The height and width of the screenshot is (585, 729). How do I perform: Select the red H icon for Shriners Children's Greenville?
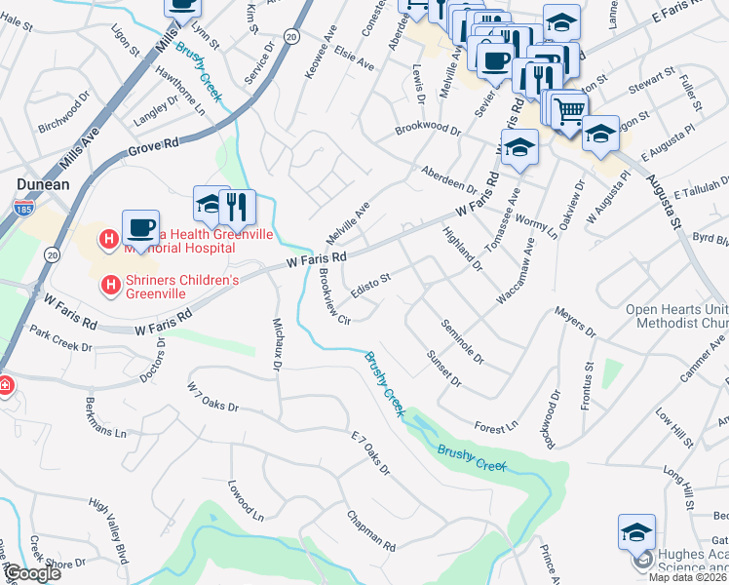pyautogui.click(x=111, y=286)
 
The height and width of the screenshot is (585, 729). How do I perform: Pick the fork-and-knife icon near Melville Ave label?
pyautogui.click(x=236, y=207)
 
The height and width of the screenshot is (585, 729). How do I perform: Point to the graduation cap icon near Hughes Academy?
pyautogui.click(x=636, y=532)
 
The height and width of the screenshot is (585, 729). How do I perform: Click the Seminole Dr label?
pyautogui.click(x=462, y=341)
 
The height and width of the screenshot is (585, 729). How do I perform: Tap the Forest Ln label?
pyautogui.click(x=496, y=427)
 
